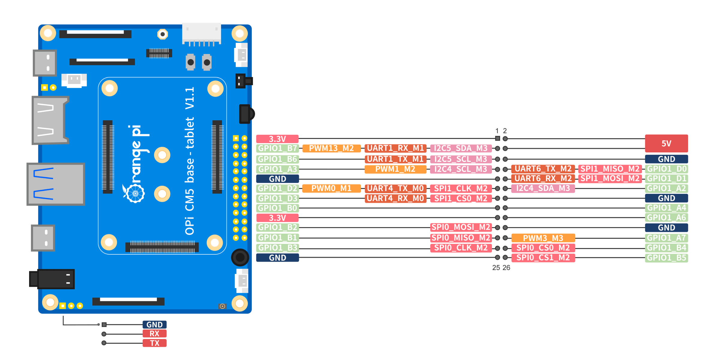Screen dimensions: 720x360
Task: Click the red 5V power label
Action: click(x=666, y=143)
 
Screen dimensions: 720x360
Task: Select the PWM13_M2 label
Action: click(x=331, y=148)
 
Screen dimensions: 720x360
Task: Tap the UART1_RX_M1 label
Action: click(x=395, y=148)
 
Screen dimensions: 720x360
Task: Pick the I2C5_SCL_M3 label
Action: click(x=461, y=159)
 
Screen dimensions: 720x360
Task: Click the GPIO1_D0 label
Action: click(x=666, y=169)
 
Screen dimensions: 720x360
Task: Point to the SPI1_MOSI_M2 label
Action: click(x=610, y=178)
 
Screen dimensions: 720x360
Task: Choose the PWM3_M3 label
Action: click(x=543, y=238)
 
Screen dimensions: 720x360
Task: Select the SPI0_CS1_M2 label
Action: click(x=543, y=257)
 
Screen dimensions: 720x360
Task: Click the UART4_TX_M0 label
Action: click(x=395, y=188)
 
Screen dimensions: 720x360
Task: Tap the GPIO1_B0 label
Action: click(x=277, y=208)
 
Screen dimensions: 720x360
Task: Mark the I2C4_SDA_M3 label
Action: click(x=543, y=188)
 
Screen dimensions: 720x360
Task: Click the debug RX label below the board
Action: click(x=154, y=334)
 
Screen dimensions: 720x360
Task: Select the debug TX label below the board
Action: click(x=154, y=343)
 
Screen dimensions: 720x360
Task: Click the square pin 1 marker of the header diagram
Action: click(x=497, y=139)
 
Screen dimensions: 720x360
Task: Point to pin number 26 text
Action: click(x=506, y=268)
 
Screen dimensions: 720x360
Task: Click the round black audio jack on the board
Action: click(x=240, y=257)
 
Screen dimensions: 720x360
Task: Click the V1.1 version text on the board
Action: click(x=190, y=98)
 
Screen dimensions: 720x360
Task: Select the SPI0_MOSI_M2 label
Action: click(x=461, y=227)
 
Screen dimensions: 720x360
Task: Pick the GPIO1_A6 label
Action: click(x=666, y=217)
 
